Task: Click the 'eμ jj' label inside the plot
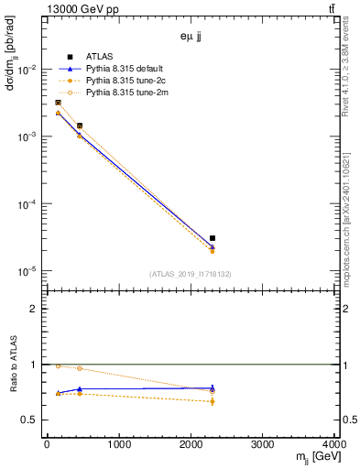click(191, 38)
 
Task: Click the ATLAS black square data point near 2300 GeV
click(213, 238)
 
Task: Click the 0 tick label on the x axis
click(47, 445)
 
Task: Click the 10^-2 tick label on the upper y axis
click(27, 70)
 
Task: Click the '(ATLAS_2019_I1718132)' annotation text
click(191, 274)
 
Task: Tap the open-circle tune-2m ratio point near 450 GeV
click(80, 368)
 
